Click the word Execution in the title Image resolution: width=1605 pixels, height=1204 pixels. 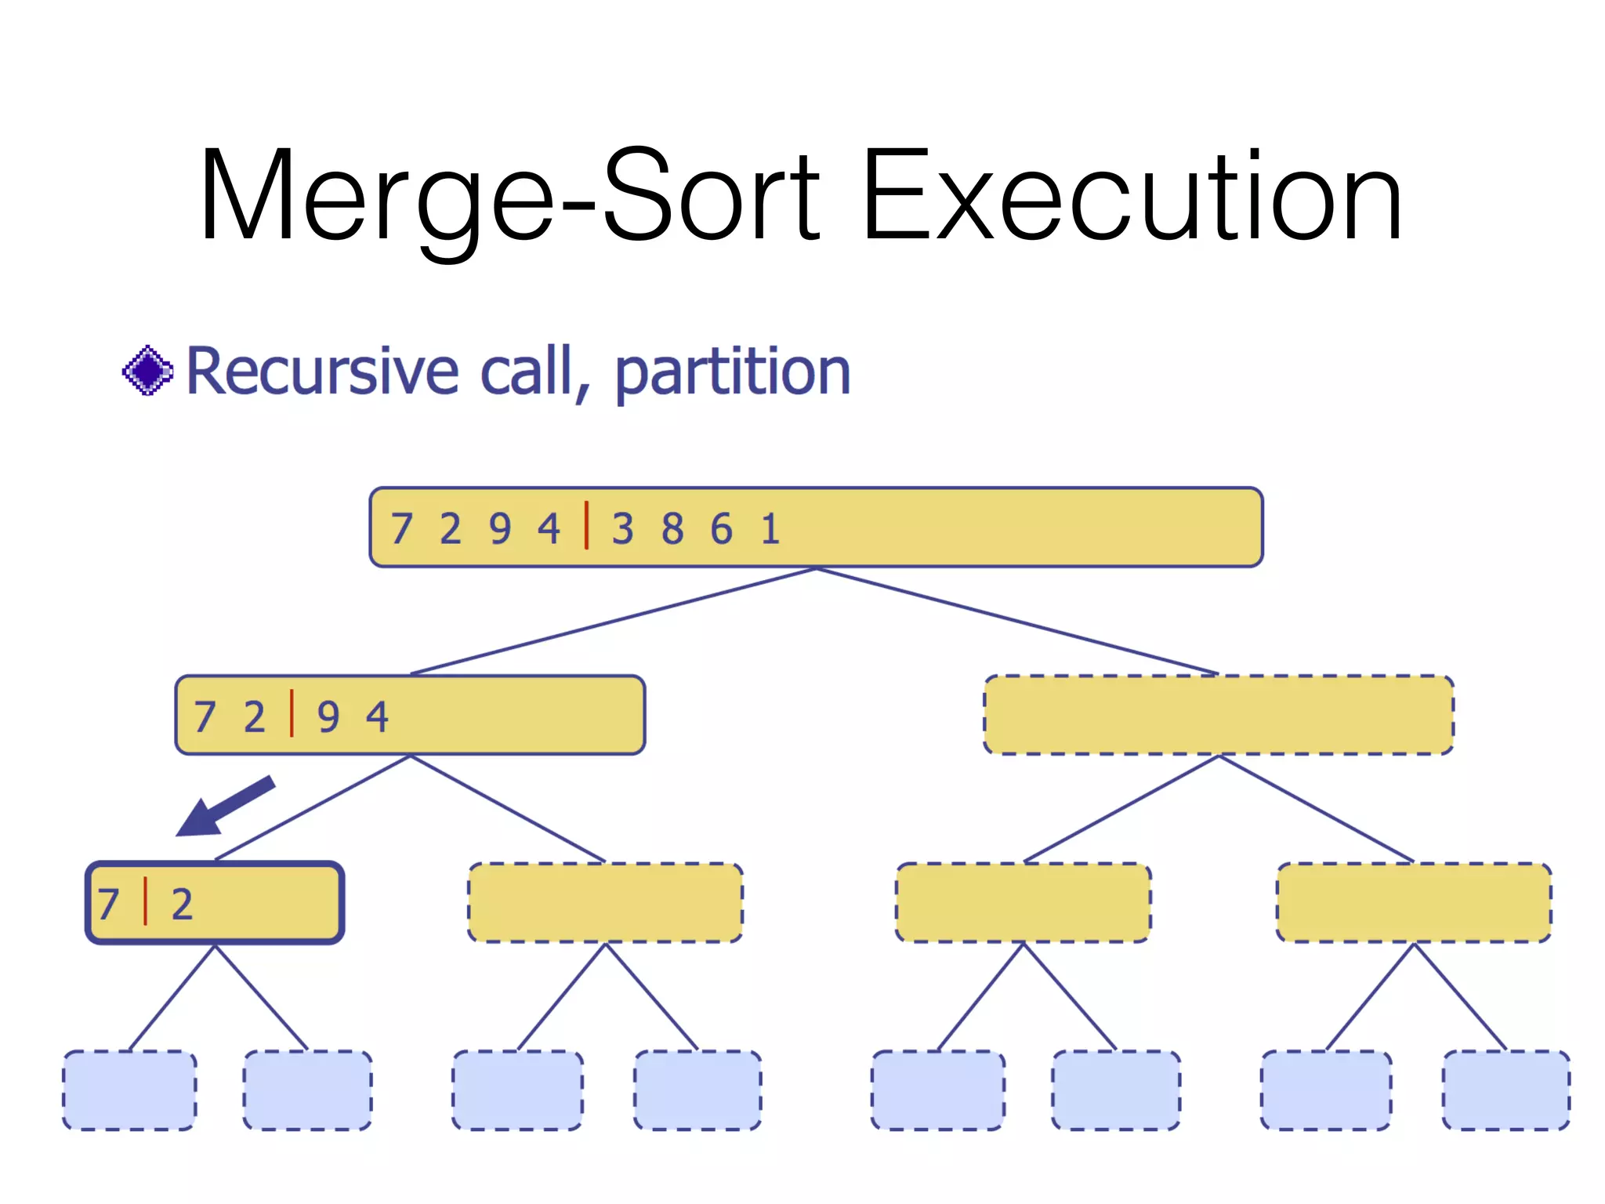pos(1132,196)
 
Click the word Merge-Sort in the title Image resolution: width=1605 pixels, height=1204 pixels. pos(509,196)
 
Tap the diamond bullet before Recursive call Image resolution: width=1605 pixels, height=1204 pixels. pos(147,371)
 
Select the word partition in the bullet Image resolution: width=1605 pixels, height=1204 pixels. pos(732,372)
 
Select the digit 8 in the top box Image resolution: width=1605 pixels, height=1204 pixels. pos(672,528)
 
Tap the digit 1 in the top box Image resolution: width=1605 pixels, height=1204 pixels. pos(770,528)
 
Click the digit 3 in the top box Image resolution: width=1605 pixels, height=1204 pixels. pos(623,528)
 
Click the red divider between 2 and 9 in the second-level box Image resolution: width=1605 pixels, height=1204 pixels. pos(292,713)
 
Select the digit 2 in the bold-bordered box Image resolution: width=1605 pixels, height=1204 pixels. pos(182,904)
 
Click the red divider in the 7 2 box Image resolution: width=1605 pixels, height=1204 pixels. pos(145,901)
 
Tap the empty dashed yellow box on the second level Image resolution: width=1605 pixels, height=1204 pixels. pos(1219,715)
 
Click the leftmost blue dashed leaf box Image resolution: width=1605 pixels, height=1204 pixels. pos(129,1090)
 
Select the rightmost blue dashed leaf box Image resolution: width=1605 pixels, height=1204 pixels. pos(1505,1090)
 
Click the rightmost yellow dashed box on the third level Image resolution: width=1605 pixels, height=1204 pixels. pos(1414,902)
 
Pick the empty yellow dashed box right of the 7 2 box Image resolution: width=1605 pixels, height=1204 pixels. pos(605,902)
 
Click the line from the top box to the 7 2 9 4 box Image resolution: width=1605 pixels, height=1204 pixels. pos(611,622)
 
